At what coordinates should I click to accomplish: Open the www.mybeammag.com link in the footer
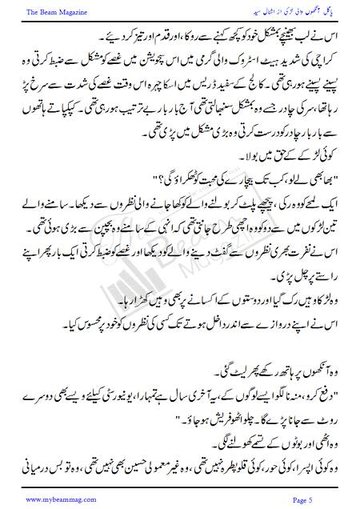pyautogui.click(x=49, y=498)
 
